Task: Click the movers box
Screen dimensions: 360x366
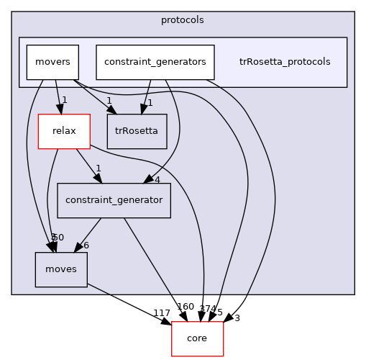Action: click(x=52, y=62)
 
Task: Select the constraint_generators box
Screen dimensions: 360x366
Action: click(x=155, y=62)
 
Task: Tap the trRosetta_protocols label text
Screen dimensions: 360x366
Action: click(x=284, y=62)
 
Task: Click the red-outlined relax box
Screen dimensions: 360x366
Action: click(x=63, y=131)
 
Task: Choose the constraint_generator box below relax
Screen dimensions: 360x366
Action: click(x=114, y=199)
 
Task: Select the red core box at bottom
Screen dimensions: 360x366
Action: click(x=197, y=338)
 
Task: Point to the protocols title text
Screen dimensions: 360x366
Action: click(x=183, y=19)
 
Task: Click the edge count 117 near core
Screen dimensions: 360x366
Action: click(x=161, y=313)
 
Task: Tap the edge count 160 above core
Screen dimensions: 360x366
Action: click(x=185, y=307)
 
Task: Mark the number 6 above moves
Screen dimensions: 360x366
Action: click(x=86, y=246)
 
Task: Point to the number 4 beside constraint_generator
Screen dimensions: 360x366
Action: click(x=157, y=179)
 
